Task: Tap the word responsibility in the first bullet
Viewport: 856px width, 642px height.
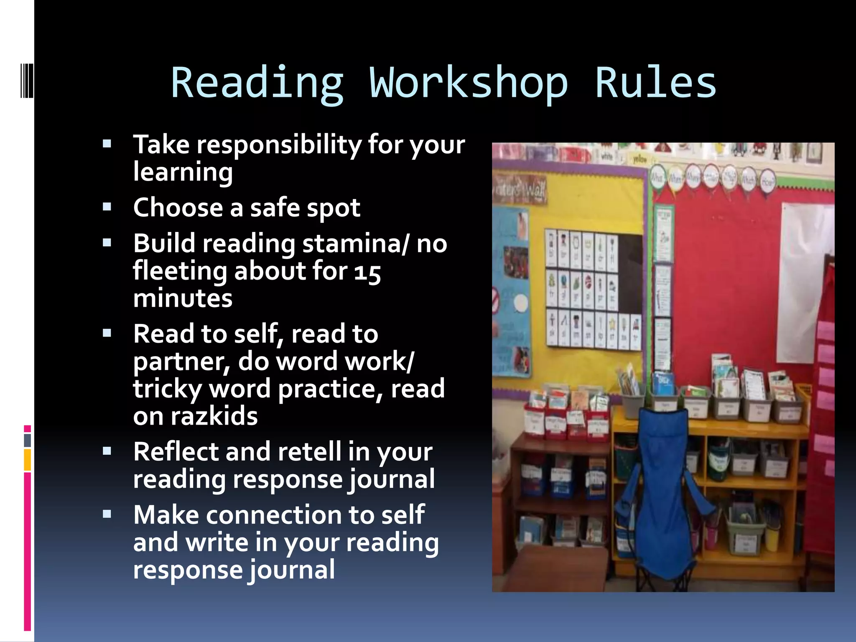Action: (x=279, y=145)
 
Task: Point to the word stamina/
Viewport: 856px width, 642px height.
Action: (x=355, y=244)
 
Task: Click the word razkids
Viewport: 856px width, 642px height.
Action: (x=214, y=416)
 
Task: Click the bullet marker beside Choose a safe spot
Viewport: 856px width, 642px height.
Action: (x=107, y=206)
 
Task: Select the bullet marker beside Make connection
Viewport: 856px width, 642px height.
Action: (x=107, y=514)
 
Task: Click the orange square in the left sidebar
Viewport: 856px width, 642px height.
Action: (x=28, y=460)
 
